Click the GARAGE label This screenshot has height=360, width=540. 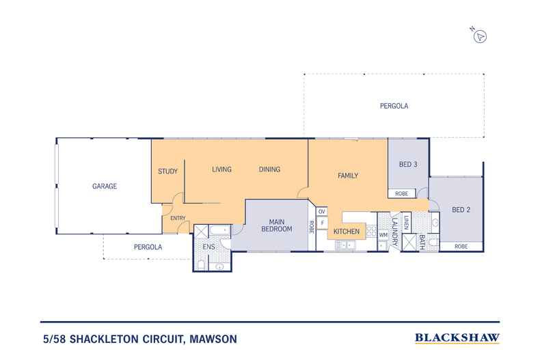[x=106, y=186]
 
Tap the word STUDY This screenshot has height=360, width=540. [x=167, y=171]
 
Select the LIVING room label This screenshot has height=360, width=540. [x=221, y=169]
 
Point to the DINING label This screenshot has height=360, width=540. [x=269, y=169]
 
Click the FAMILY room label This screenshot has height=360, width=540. [x=348, y=176]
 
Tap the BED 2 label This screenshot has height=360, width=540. [x=461, y=210]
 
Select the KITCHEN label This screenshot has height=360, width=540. [x=347, y=232]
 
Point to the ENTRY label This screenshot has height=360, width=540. [x=178, y=218]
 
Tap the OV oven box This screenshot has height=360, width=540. [x=321, y=212]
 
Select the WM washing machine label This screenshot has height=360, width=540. [x=383, y=234]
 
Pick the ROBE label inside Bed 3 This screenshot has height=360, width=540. [x=401, y=194]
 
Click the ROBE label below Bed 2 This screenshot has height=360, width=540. [x=461, y=246]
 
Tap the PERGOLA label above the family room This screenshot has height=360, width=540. [x=394, y=107]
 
